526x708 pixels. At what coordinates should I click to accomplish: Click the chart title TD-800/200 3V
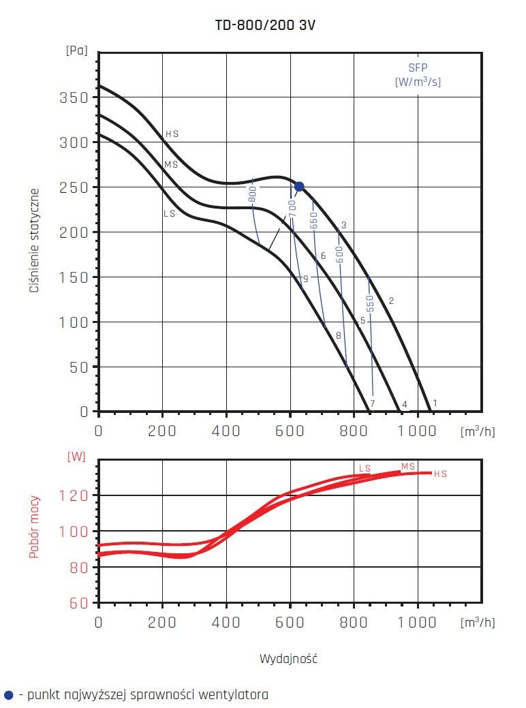tap(265, 25)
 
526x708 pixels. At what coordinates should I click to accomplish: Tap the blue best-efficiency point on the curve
tap(298, 187)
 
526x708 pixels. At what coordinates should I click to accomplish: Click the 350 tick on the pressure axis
tap(75, 97)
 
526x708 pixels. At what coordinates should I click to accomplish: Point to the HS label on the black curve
tap(172, 134)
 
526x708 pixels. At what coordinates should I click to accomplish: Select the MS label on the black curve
tap(171, 165)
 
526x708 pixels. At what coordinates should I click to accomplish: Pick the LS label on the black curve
tap(170, 213)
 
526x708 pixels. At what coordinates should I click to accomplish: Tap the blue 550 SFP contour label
tap(370, 303)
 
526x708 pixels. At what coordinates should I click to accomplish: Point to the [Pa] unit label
tap(77, 50)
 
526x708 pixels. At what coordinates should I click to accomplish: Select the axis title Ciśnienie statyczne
tap(34, 241)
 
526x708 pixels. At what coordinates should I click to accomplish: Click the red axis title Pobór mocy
tap(34, 527)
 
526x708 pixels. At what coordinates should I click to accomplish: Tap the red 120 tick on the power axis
tap(77, 495)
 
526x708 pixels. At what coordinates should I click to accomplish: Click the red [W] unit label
tap(76, 457)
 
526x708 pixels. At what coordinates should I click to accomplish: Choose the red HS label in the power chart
tap(440, 474)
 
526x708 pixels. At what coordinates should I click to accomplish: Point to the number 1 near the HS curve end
tap(435, 403)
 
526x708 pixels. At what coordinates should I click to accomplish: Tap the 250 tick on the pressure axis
tap(75, 187)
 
